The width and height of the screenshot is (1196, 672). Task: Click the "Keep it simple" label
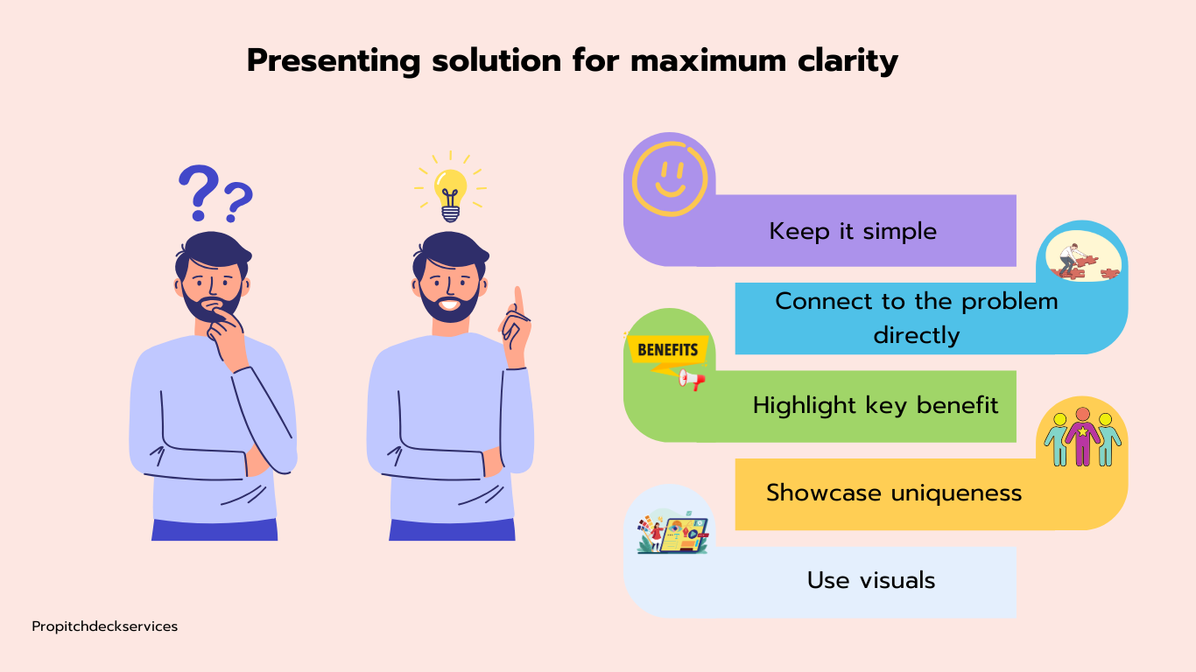853,231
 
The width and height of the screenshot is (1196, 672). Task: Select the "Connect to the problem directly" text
916,318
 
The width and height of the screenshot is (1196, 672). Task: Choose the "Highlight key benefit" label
876,405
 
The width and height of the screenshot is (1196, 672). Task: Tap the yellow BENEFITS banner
667,350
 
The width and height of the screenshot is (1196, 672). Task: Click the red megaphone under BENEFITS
693,380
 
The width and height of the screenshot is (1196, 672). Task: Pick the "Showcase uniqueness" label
894,493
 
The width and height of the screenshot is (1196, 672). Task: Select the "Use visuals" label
871,580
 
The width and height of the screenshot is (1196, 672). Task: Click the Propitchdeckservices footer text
105,626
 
